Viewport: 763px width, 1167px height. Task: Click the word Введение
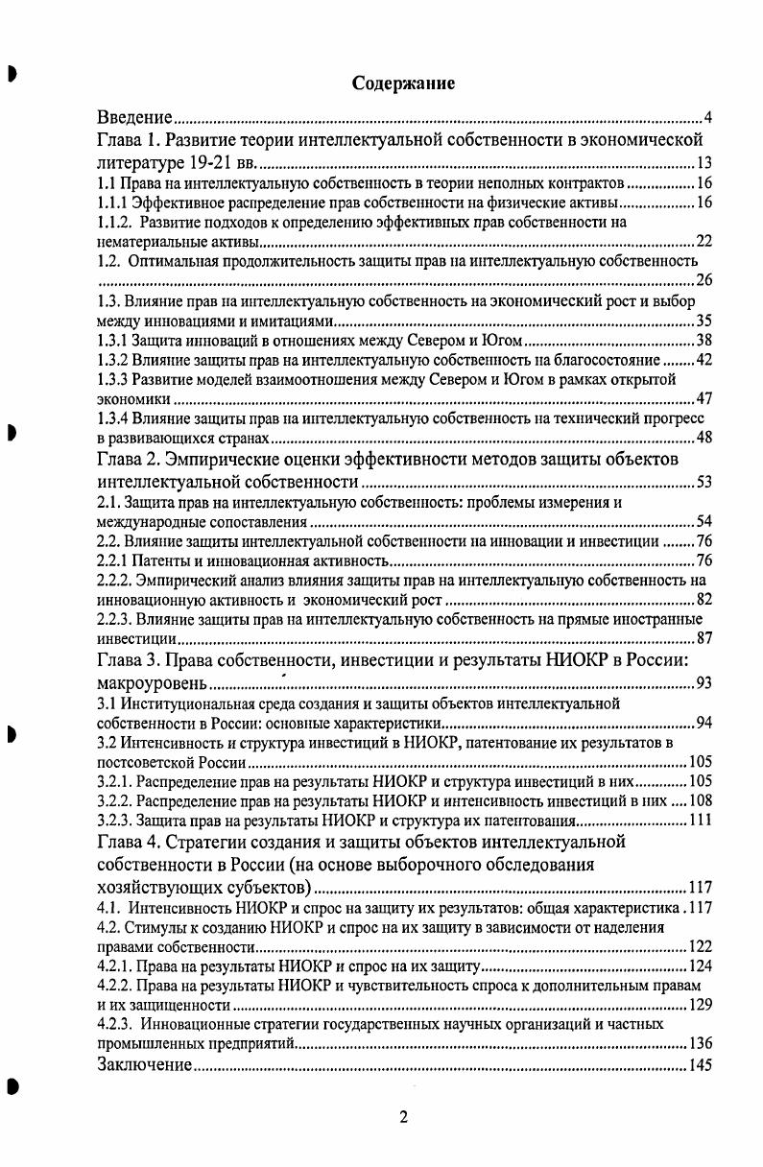coord(135,118)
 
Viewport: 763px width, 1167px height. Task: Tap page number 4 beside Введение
coord(707,118)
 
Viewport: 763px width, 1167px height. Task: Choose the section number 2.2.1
coord(117,560)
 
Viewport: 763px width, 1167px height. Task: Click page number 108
coord(700,800)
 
